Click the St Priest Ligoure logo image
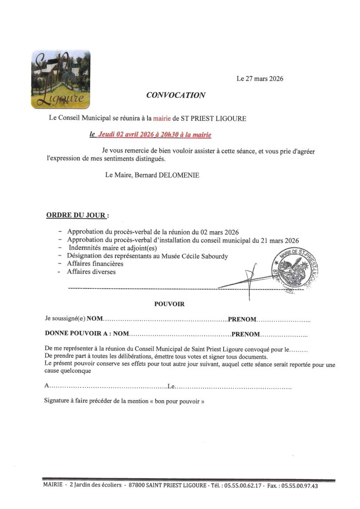[x=61, y=80]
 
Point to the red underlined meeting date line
[x=150, y=134]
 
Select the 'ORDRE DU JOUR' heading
[x=76, y=215]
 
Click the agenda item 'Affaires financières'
[x=95, y=263]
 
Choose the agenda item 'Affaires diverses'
[x=91, y=272]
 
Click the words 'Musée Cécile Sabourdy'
[x=196, y=255]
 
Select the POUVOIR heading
[x=169, y=304]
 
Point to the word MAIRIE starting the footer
[x=53, y=485]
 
